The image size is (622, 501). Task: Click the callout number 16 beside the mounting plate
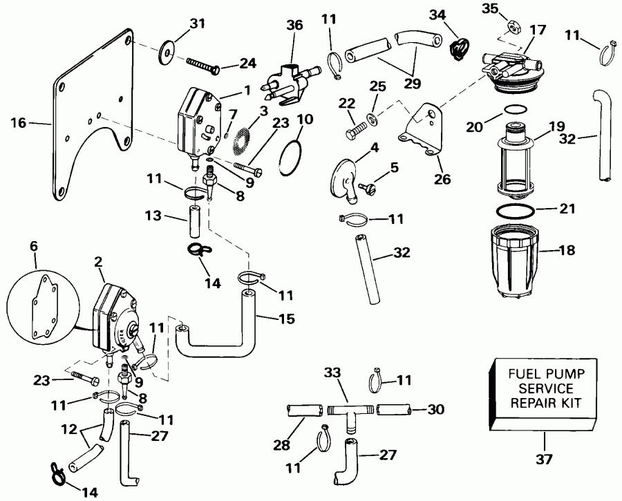click(x=19, y=124)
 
